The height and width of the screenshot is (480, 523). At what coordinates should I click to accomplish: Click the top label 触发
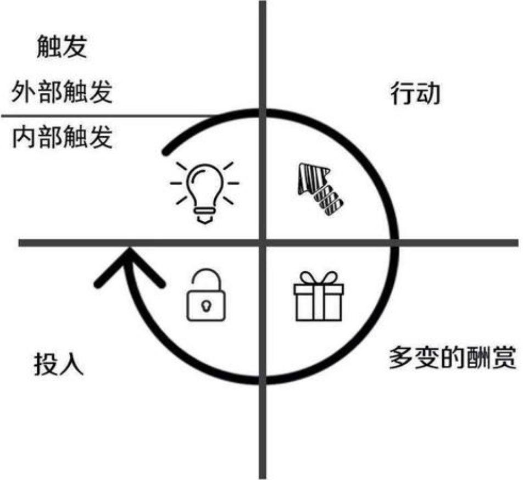(x=62, y=48)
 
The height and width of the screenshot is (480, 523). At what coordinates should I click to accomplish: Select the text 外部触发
(x=62, y=92)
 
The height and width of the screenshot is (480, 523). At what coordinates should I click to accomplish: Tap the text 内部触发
(x=62, y=137)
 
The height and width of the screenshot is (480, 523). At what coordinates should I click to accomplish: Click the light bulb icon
(x=204, y=189)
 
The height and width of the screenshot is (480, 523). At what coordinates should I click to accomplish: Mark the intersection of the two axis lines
(x=263, y=242)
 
